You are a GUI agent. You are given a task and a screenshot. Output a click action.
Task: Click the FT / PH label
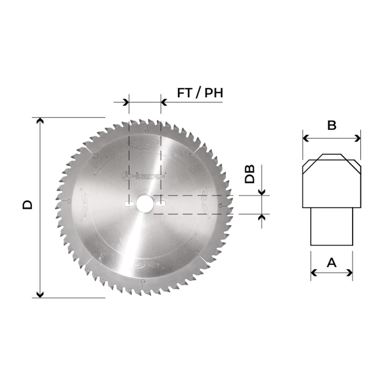[x=200, y=93]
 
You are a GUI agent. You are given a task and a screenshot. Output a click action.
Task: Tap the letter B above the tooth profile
[x=332, y=125]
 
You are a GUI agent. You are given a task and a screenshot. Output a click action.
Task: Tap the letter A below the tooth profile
[x=332, y=263]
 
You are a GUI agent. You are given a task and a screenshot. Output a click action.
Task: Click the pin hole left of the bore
[x=129, y=204]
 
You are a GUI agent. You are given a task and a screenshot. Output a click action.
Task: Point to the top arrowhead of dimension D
[x=39, y=120]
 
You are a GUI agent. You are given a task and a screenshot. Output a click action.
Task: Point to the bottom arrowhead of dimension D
[x=39, y=295]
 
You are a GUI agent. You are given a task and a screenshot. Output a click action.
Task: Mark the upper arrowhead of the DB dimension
[x=262, y=193]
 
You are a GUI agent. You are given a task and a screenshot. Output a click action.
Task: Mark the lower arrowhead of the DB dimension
[x=262, y=217]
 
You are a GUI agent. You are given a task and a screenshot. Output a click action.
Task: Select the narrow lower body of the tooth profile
[x=332, y=226]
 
